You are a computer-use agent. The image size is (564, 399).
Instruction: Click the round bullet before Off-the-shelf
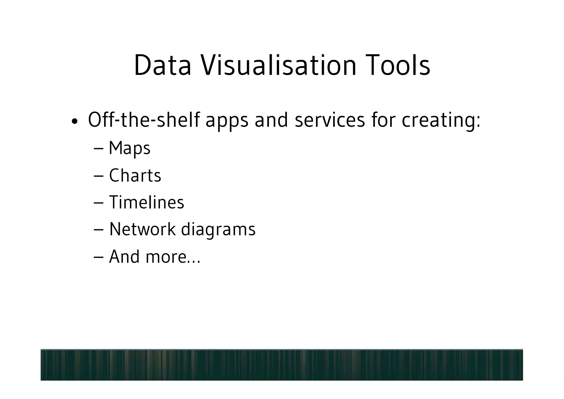tap(74, 121)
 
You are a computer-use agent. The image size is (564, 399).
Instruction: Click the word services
tap(330, 120)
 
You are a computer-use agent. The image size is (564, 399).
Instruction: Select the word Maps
tap(129, 148)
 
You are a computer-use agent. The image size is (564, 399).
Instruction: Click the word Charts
tap(135, 175)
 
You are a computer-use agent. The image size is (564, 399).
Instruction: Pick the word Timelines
tap(147, 202)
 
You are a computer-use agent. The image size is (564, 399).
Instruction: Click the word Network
tap(142, 229)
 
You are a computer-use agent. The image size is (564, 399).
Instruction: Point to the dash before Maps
tap(98, 149)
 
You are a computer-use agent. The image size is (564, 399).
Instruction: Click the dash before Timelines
tap(98, 203)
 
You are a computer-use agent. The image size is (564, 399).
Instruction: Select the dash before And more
tap(98, 257)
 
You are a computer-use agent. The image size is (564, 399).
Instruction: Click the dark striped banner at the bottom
tap(281, 365)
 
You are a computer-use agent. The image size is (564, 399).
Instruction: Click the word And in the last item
tap(124, 256)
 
